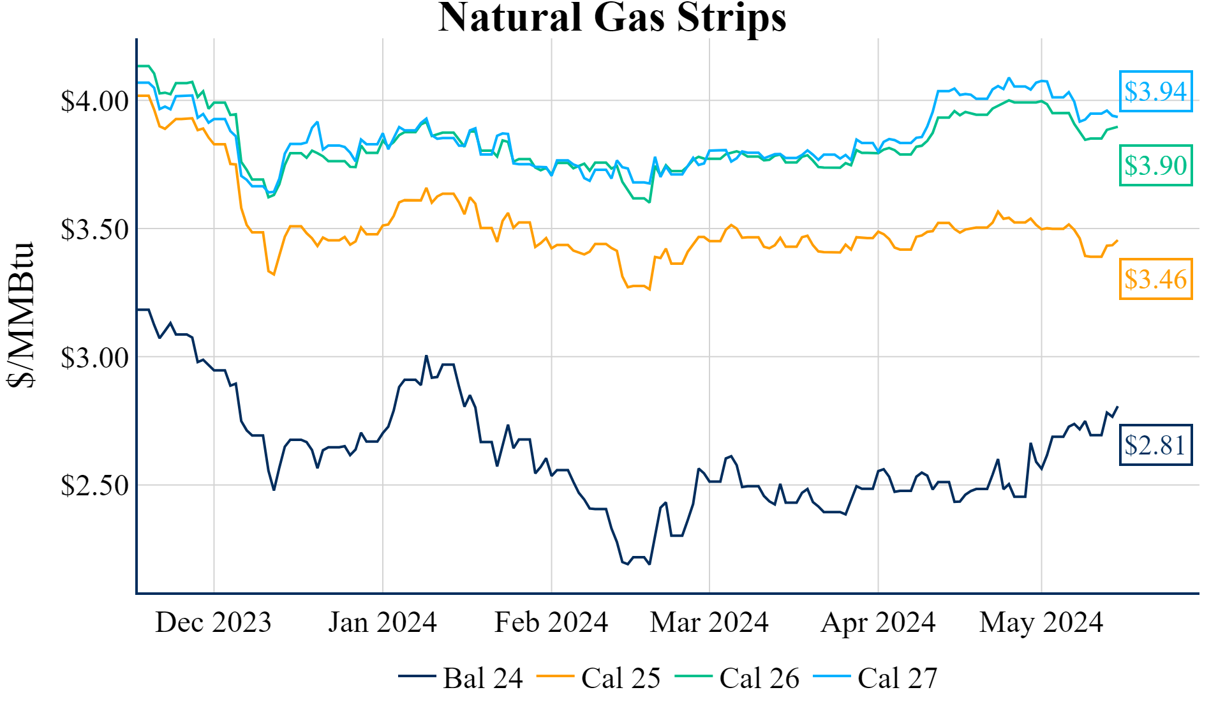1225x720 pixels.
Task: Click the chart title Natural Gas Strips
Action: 612,17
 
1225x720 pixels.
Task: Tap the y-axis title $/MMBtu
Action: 21,314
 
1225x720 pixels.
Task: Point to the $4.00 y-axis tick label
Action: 94,101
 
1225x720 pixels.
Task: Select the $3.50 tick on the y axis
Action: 94,229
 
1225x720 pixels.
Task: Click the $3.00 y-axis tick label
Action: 94,357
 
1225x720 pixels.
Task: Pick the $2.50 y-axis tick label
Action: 94,486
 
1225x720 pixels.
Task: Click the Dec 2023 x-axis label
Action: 213,622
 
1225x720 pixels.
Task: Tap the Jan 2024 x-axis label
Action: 382,622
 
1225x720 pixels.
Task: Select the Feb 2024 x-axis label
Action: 551,622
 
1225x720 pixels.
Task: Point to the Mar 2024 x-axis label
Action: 709,622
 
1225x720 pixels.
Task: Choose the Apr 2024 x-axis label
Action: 878,622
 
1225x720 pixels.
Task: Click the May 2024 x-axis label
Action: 1041,622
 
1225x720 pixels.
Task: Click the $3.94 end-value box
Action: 1155,91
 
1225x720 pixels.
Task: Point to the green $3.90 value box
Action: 1155,165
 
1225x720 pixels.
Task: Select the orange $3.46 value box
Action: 1155,279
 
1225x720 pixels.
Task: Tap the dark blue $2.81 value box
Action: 1155,445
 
